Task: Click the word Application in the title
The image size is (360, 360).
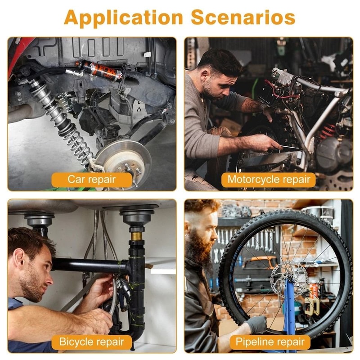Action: coord(123,18)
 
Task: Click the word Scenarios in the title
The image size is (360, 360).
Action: coord(243,17)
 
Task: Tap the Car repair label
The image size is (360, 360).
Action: coord(92,180)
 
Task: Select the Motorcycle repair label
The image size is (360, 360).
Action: coord(269,180)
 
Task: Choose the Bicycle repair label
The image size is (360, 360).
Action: coord(92,342)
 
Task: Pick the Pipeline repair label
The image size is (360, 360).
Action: coord(270,342)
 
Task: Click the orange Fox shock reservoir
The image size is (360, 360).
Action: coord(101,71)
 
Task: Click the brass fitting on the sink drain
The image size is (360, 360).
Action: coord(137,236)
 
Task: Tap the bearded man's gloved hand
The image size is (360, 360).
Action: coord(256,324)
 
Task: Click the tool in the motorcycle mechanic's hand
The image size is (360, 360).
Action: coord(291,148)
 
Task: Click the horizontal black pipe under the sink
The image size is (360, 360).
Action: coord(90,266)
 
